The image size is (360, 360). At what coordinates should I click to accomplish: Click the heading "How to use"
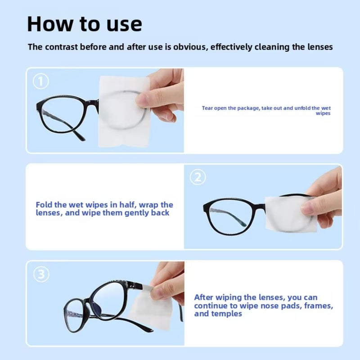click(x=84, y=23)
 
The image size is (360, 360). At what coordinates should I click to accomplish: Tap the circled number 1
click(x=41, y=81)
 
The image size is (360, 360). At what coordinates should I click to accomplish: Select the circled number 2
click(x=198, y=177)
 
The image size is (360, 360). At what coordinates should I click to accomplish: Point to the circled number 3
click(x=41, y=274)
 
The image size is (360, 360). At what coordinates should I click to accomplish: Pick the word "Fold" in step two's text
click(x=44, y=205)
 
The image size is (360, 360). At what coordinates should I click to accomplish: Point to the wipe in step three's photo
click(x=148, y=310)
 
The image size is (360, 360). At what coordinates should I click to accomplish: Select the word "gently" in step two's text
click(x=132, y=212)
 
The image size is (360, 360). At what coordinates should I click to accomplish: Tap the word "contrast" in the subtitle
click(x=60, y=47)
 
